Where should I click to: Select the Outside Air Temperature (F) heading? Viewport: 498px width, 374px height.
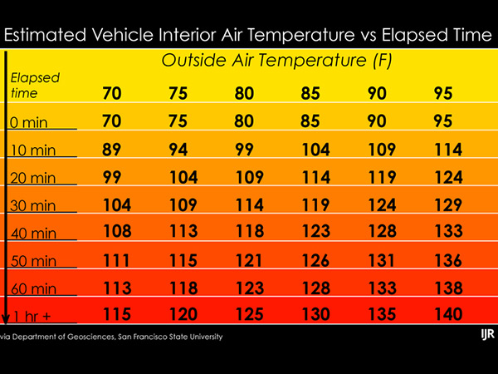point(277,61)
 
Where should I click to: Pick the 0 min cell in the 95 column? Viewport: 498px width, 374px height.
point(443,121)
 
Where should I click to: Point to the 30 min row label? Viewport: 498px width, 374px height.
point(34,205)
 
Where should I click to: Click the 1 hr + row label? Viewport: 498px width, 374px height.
point(32,317)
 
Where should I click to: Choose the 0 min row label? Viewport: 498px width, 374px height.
point(31,122)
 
